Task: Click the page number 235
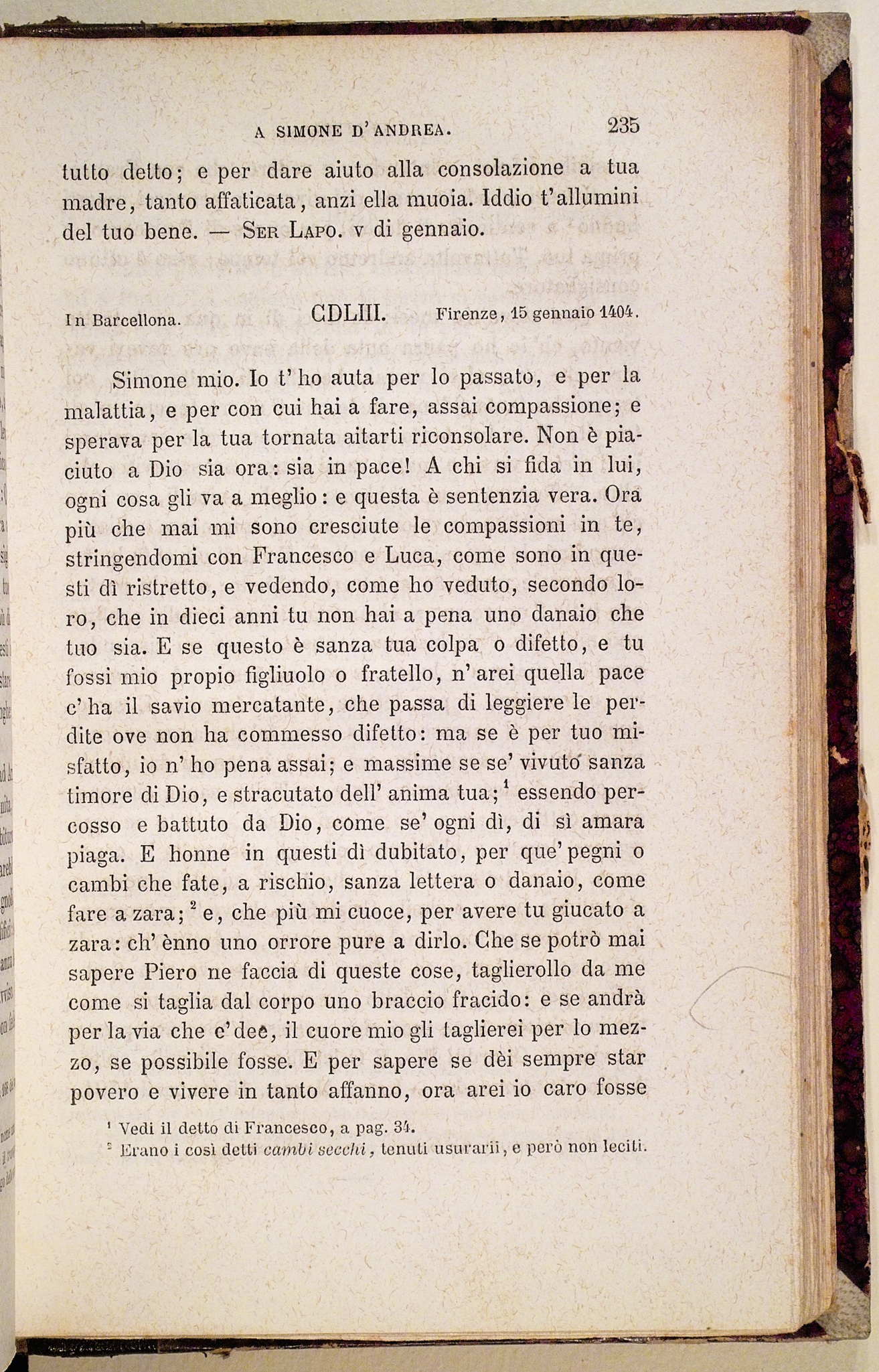point(623,125)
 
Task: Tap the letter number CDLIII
point(349,314)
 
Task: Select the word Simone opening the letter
point(150,381)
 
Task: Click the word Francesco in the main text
point(304,556)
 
